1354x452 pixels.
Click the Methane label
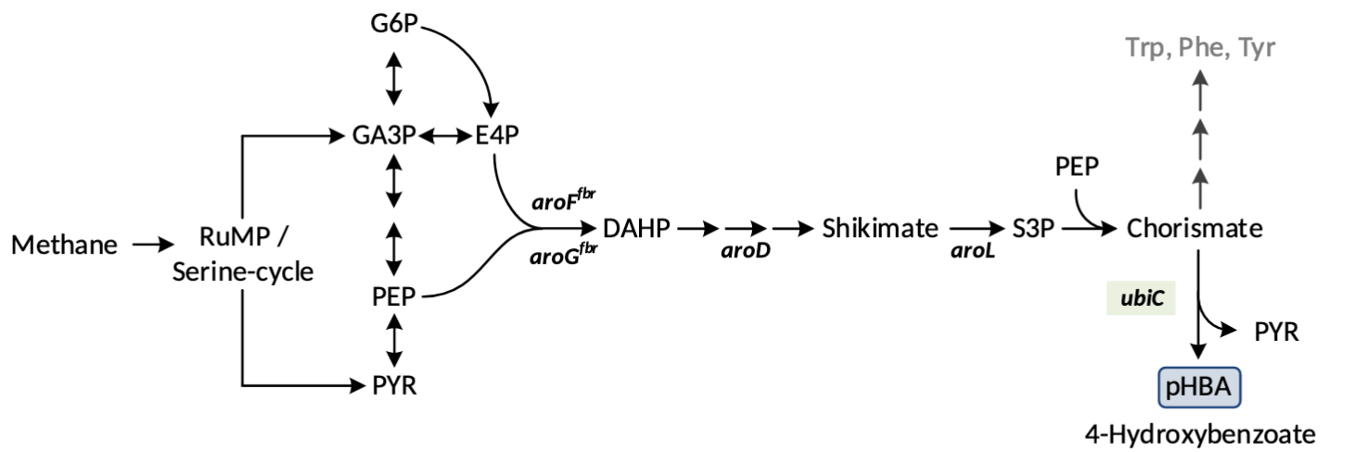click(x=65, y=245)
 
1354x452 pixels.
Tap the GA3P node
click(x=385, y=135)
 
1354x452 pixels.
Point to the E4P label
click(x=496, y=135)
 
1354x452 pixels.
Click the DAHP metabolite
click(x=635, y=228)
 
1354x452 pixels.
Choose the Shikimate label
click(x=880, y=228)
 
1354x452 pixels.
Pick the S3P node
click(x=1033, y=228)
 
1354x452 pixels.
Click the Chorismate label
click(x=1194, y=228)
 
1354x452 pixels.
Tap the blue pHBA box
click(x=1199, y=387)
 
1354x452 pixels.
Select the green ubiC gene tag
click(x=1142, y=298)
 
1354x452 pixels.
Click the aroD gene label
click(x=747, y=251)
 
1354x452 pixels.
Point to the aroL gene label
click(x=973, y=251)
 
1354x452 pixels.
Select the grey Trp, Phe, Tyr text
click(x=1200, y=48)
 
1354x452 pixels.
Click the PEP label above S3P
click(x=1077, y=168)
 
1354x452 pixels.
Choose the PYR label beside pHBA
click(x=1275, y=331)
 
